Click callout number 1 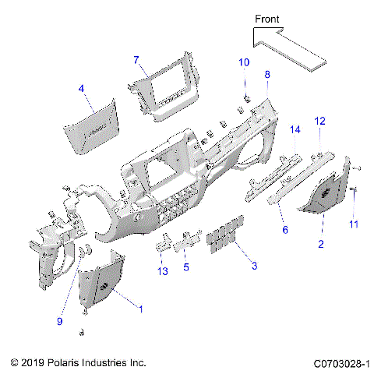pyautogui.click(x=140, y=309)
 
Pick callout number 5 pyautogui.click(x=186, y=267)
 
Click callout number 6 pyautogui.click(x=285, y=231)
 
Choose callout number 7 pyautogui.click(x=136, y=60)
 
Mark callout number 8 pyautogui.click(x=267, y=74)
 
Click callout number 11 pyautogui.click(x=354, y=224)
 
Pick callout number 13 pyautogui.click(x=162, y=270)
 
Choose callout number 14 pyautogui.click(x=295, y=129)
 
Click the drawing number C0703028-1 pyautogui.click(x=340, y=363)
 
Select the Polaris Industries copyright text pyautogui.click(x=79, y=363)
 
